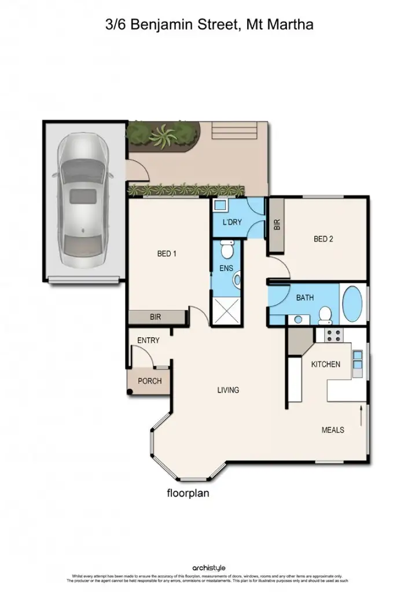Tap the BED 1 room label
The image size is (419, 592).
pos(167,253)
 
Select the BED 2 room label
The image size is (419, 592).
pos(323,239)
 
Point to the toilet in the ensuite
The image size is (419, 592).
pos(227,250)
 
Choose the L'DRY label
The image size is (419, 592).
pos(232,223)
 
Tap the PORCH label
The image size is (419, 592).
pos(149,381)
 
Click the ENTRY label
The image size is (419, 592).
pos(148,341)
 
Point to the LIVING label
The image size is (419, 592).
pos(228,390)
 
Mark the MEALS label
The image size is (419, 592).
pos(333,430)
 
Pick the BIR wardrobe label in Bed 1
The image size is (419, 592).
pos(155,317)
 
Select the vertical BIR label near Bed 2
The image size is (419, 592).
pos(277,225)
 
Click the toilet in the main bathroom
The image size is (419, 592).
pos(325,314)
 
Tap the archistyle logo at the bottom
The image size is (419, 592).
pos(209,568)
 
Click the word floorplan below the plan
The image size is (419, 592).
pos(188,493)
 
